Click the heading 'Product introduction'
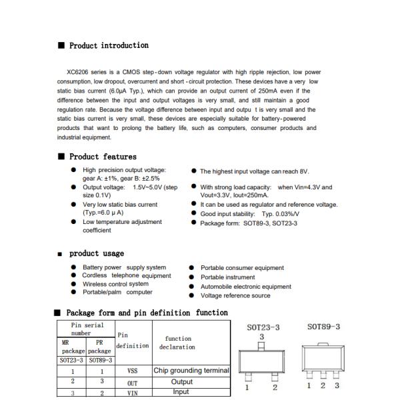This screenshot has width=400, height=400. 109,45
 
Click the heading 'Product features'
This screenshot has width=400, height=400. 103,157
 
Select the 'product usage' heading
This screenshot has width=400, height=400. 97,253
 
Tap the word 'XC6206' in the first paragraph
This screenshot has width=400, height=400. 79,72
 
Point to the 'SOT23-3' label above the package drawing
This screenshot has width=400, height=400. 263,327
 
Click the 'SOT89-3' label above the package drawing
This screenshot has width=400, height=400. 323,327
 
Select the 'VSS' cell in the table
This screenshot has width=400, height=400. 132,371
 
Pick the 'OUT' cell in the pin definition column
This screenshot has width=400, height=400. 132,383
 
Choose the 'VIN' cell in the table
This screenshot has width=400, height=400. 132,393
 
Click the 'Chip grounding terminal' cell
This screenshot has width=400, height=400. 191,371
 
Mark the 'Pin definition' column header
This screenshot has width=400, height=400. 132,341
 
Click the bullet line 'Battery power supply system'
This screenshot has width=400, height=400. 124,267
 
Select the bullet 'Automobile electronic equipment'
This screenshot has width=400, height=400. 245,287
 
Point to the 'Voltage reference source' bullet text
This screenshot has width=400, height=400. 235,296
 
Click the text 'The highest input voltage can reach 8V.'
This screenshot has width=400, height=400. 254,171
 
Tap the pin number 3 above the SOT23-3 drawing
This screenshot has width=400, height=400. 261,337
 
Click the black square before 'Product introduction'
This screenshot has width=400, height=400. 61,45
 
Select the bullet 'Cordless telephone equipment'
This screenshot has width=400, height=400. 126,275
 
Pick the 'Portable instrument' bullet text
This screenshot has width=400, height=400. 227,277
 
